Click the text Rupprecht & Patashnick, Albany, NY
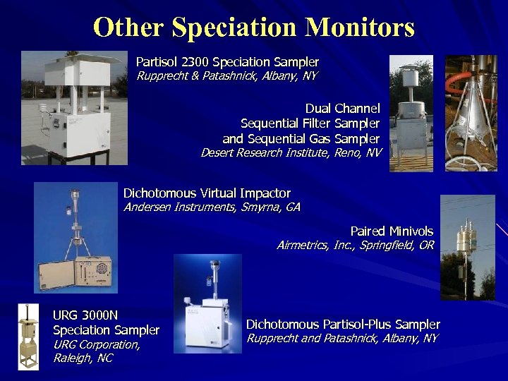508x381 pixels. coord(226,75)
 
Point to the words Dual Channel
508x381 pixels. coord(342,109)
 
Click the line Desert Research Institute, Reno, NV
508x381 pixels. coord(291,152)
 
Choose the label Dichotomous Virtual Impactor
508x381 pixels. coord(207,193)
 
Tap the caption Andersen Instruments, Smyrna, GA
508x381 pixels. coord(212,207)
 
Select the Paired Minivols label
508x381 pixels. coord(392,231)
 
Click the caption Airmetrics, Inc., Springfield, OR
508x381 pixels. coord(355,246)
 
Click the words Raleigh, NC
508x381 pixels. coord(83,358)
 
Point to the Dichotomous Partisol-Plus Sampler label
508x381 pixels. coord(343,325)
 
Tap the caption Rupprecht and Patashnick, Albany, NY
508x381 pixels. coord(341,339)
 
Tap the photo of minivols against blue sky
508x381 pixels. coord(468,247)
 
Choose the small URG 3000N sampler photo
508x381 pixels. coord(28,337)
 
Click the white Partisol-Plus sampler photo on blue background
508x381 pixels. coord(207,303)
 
